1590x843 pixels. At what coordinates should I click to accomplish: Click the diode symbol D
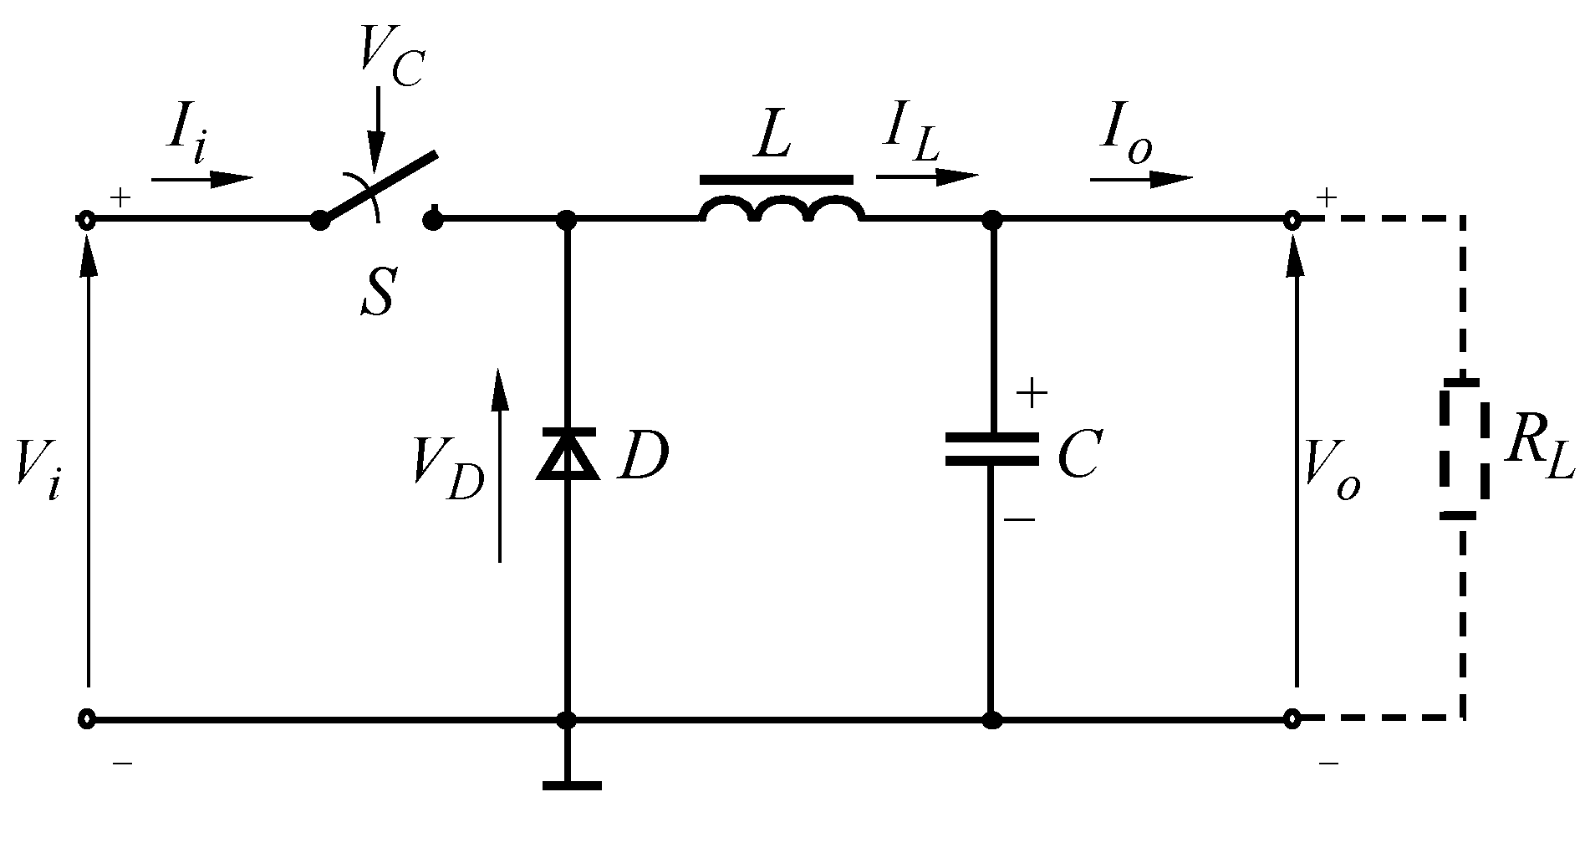[568, 454]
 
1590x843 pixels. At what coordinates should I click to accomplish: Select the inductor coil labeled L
[781, 209]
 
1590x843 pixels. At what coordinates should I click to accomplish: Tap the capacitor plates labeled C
[991, 448]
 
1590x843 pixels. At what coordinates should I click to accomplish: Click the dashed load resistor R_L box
[1463, 449]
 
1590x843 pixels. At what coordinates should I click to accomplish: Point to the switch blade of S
[378, 187]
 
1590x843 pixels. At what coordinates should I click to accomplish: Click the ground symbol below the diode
[570, 784]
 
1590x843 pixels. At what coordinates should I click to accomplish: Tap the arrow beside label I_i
[202, 178]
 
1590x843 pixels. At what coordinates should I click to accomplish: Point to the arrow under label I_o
[1141, 178]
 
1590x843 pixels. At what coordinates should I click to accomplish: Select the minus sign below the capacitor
[1020, 519]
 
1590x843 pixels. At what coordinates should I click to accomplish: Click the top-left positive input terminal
[87, 220]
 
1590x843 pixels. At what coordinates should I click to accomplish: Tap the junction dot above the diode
[568, 220]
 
